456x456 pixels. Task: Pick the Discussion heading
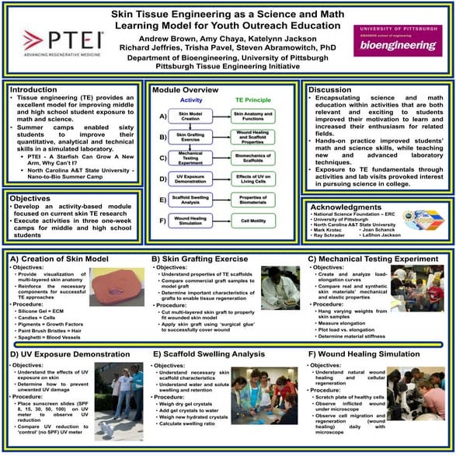[x=333, y=89]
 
